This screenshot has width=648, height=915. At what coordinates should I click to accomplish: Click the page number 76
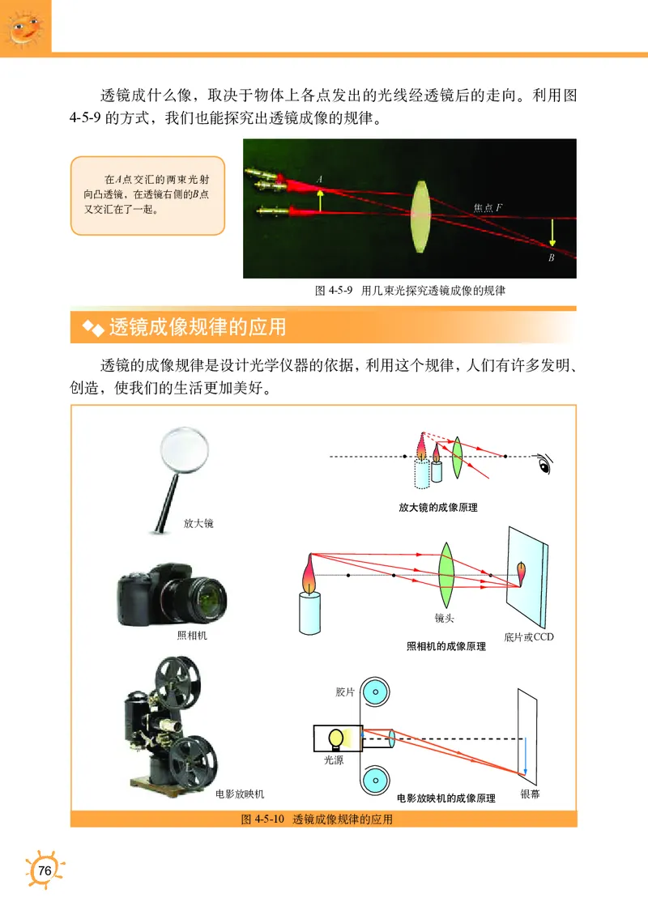coord(45,871)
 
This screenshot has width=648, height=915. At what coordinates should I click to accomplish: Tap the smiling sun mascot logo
coord(24,28)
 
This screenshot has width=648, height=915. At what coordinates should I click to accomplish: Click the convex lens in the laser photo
coord(420,216)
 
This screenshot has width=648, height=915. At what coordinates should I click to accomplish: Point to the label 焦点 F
coord(488,207)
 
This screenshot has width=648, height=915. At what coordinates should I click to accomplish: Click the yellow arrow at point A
coord(320,200)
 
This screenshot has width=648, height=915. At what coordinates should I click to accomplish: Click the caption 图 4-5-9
coord(334,291)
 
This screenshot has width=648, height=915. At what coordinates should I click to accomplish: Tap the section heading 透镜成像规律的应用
coord(198,327)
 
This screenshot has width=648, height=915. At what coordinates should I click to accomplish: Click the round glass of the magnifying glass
coord(185,449)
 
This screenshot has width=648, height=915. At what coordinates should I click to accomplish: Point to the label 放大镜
coord(198,523)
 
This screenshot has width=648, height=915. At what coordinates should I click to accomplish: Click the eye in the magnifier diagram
coord(544,463)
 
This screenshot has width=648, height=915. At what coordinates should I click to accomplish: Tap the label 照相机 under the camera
coord(192,636)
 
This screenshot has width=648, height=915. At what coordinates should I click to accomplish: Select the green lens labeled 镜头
coord(446,576)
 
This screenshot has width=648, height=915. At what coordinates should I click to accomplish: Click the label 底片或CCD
coord(528,637)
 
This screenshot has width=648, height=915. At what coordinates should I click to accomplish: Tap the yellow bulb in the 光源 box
coord(335,738)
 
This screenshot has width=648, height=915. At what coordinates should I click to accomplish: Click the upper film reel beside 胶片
coord(375,692)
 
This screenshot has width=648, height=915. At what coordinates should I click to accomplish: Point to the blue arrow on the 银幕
coord(525,756)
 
